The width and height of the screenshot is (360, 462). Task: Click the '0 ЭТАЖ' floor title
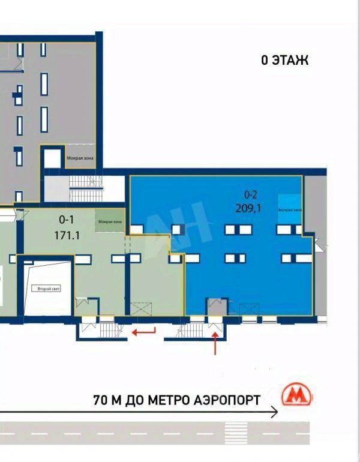[284, 60]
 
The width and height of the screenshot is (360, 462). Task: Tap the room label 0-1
[67, 219]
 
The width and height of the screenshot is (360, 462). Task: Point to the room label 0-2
[250, 194]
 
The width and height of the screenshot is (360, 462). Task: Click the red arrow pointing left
[143, 331]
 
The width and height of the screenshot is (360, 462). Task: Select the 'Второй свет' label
[47, 289]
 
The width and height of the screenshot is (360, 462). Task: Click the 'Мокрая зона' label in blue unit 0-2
[290, 209]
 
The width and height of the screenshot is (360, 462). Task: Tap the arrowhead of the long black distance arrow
[275, 412]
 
